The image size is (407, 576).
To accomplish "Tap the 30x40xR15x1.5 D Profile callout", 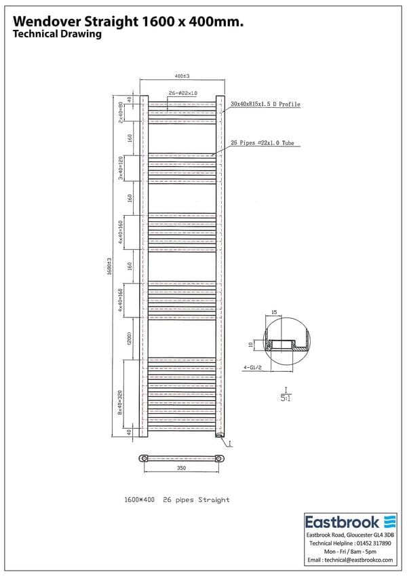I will point(265,104).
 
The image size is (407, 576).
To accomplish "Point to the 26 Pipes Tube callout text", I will point(263,143).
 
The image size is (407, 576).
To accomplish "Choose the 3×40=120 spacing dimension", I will point(121,168).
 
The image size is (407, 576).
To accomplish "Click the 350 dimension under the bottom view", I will point(182,468).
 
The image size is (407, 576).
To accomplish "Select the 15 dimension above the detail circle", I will point(273,312).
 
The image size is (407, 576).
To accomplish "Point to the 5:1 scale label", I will point(286,397).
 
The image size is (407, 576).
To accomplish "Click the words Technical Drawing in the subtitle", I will point(57,35).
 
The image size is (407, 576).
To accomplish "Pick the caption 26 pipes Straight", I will point(196,500).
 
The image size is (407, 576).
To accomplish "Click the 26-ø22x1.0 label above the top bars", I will point(182,93).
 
